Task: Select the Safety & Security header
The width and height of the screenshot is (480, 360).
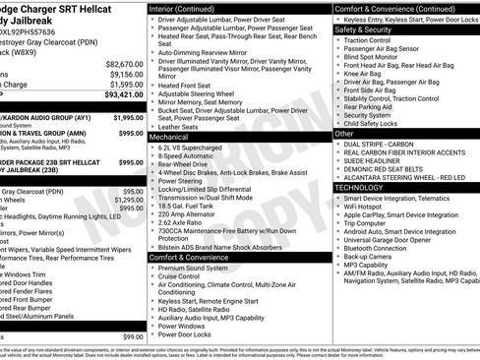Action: click(x=365, y=30)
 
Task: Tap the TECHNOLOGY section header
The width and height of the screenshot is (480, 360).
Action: click(x=360, y=186)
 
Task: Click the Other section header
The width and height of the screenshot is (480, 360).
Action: click(x=344, y=133)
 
